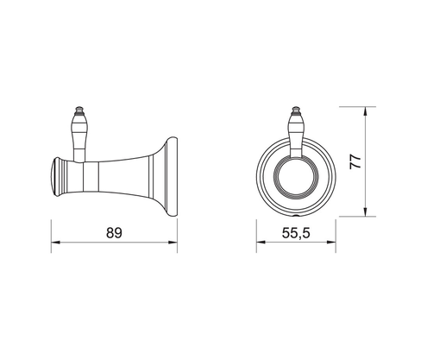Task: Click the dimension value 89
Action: [x=114, y=232]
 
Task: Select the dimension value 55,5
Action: [x=296, y=233]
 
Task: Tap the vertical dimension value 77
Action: [x=355, y=161]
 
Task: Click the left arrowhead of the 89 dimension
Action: [x=55, y=243]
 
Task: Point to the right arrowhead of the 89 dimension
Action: [x=173, y=243]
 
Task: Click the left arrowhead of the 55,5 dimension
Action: [x=261, y=242]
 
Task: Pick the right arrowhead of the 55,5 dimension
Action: [x=331, y=242]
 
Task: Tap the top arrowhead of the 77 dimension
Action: [x=365, y=111]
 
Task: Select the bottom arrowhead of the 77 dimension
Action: [x=365, y=212]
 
